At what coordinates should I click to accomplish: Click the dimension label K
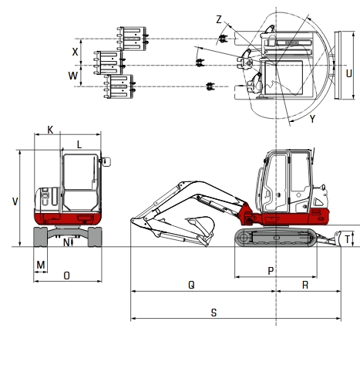(50, 130)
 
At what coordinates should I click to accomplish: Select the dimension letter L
(79, 144)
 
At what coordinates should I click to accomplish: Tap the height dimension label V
(15, 201)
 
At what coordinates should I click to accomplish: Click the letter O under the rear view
(66, 275)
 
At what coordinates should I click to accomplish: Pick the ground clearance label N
(65, 242)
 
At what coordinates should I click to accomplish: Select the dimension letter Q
(191, 284)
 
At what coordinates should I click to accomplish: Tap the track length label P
(270, 270)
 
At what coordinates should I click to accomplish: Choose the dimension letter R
(306, 284)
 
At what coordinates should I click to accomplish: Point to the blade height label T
(348, 239)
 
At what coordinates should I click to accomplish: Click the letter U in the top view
(349, 73)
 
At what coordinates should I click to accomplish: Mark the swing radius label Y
(312, 119)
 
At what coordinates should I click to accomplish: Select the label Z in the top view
(219, 19)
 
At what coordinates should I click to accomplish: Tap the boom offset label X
(75, 52)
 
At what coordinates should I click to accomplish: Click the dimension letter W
(73, 76)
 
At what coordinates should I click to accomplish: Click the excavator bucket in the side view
(202, 226)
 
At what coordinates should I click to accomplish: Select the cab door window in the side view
(274, 181)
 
